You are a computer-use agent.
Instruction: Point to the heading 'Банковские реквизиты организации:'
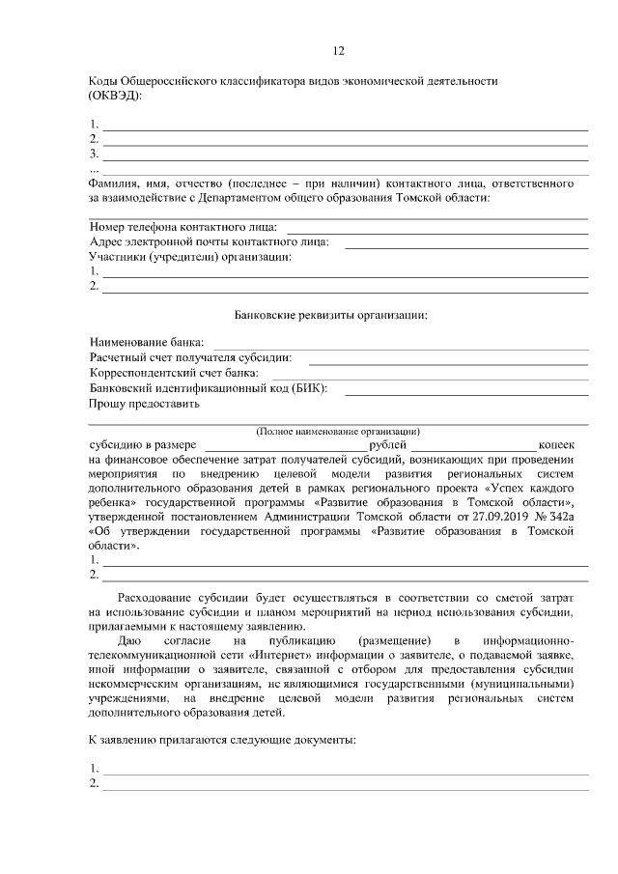tap(331, 315)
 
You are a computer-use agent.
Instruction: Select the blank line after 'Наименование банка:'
tap(401, 345)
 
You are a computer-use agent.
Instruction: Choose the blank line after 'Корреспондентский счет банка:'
tap(430, 375)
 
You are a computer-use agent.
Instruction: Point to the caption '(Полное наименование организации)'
tap(338, 430)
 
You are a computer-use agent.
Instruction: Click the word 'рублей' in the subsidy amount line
tap(388, 444)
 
